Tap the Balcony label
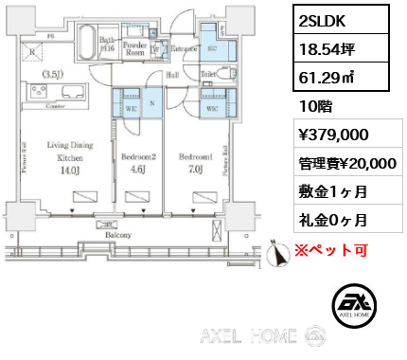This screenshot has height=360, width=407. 117,233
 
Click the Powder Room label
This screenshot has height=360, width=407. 133,48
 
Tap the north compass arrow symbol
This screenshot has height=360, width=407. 279,252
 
